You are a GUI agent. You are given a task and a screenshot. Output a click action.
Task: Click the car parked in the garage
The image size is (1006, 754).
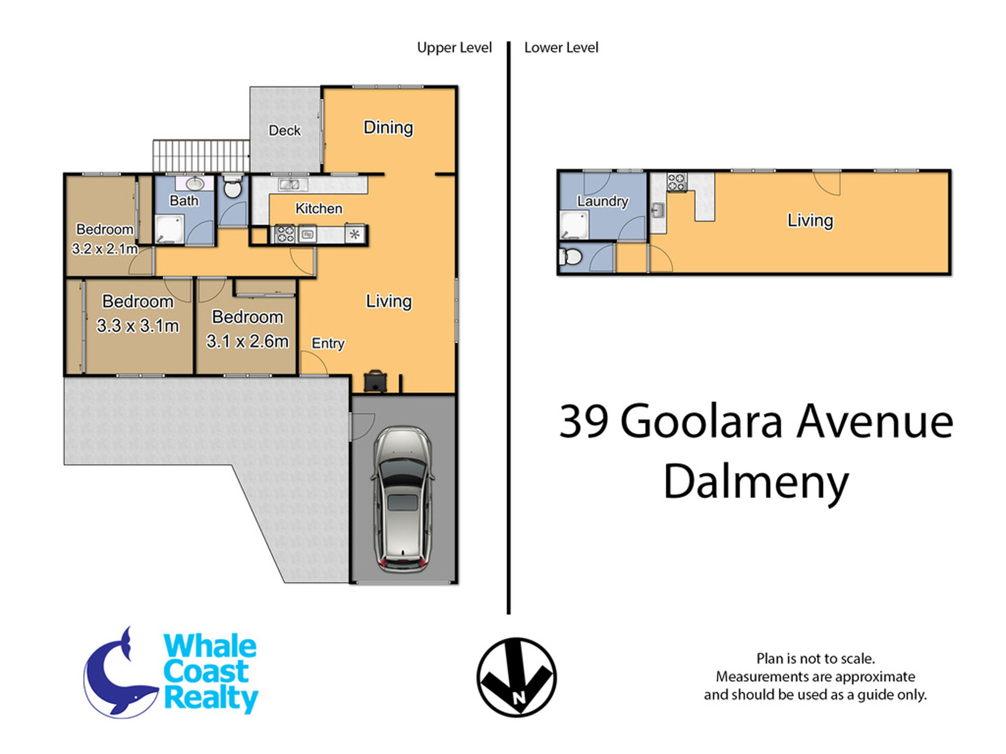point(403,499)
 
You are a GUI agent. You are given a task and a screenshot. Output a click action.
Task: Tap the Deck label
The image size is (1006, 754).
point(285,131)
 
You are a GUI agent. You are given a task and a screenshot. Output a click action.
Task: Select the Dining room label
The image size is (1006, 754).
point(388,127)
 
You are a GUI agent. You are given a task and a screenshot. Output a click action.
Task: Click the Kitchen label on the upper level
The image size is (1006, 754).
point(319,208)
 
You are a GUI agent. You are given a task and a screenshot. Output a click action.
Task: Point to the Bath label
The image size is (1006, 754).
point(184,201)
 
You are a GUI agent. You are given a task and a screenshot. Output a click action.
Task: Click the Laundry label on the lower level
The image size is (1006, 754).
point(603,201)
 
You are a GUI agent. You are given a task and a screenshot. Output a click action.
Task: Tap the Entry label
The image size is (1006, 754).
point(328,343)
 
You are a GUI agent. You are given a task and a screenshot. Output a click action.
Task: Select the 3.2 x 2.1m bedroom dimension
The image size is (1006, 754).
point(105,249)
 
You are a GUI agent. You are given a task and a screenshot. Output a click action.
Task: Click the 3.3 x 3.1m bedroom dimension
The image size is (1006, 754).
point(138,326)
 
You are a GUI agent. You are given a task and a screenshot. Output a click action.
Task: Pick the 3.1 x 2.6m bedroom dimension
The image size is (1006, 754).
point(247,342)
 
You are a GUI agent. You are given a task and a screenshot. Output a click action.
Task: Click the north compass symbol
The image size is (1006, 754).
point(516,677)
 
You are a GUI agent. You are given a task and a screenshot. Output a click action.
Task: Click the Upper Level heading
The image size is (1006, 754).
point(454,48)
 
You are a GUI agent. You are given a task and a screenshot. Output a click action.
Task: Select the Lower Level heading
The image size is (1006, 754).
point(561,48)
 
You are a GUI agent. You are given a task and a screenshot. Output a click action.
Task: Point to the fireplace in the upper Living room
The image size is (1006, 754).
point(375,381)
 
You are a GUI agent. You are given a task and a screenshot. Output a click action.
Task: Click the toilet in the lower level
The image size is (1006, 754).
point(570,257)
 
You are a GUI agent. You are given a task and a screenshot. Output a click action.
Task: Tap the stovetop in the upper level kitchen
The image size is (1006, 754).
point(284,234)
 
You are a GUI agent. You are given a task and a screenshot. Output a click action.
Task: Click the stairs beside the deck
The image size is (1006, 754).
point(201,155)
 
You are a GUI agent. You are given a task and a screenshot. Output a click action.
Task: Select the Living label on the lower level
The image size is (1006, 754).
point(810,220)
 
